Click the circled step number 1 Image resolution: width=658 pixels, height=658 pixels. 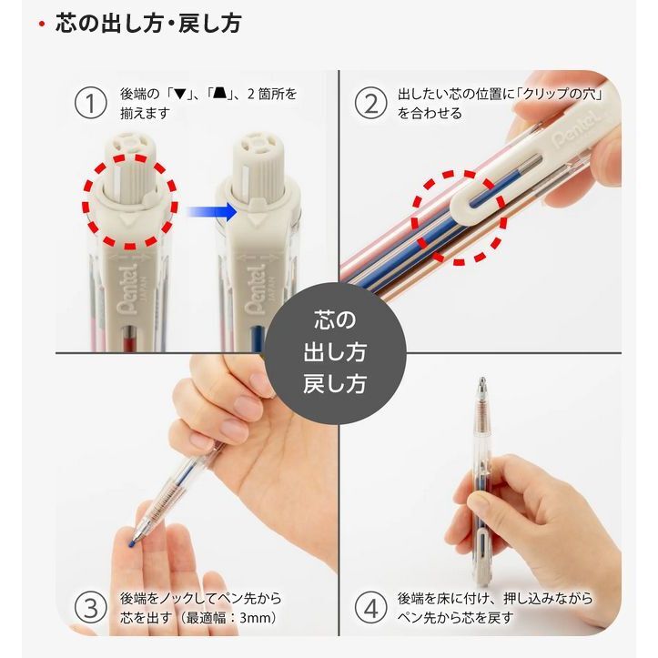click(90, 103)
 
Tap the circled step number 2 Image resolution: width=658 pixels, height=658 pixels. click(370, 103)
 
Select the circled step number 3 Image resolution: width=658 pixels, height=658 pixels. click(90, 608)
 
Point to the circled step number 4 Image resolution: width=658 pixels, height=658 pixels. click(370, 608)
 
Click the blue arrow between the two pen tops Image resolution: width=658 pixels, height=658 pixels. click(211, 211)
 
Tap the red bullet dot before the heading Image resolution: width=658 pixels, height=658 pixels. click(42, 24)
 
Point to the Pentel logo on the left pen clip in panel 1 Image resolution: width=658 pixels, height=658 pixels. click(127, 289)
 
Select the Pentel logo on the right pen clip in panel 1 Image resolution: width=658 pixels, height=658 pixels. click(255, 289)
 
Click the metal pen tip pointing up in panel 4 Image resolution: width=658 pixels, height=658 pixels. click(482, 385)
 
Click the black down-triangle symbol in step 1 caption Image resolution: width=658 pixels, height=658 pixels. click(179, 94)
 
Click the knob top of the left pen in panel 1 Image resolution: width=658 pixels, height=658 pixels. click(130, 145)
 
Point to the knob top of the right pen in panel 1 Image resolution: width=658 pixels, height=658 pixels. click(258, 144)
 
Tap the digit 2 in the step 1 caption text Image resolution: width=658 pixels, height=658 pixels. click(251, 94)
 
